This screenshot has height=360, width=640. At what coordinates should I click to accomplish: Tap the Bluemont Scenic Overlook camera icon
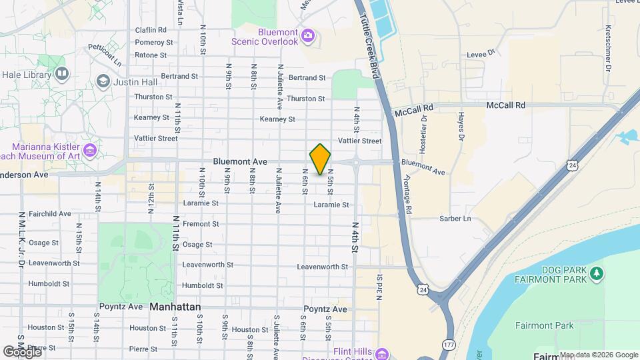307,35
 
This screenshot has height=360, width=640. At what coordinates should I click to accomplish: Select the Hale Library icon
61,73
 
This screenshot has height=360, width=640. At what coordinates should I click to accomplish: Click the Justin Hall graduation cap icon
103,81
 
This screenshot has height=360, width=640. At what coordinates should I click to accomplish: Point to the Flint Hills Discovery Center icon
381,353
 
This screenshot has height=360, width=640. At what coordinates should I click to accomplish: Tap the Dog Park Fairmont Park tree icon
597,273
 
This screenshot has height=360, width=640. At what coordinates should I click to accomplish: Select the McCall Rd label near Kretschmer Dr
506,105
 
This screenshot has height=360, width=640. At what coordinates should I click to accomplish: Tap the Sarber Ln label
455,218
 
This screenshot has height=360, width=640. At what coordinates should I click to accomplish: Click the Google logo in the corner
21,351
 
